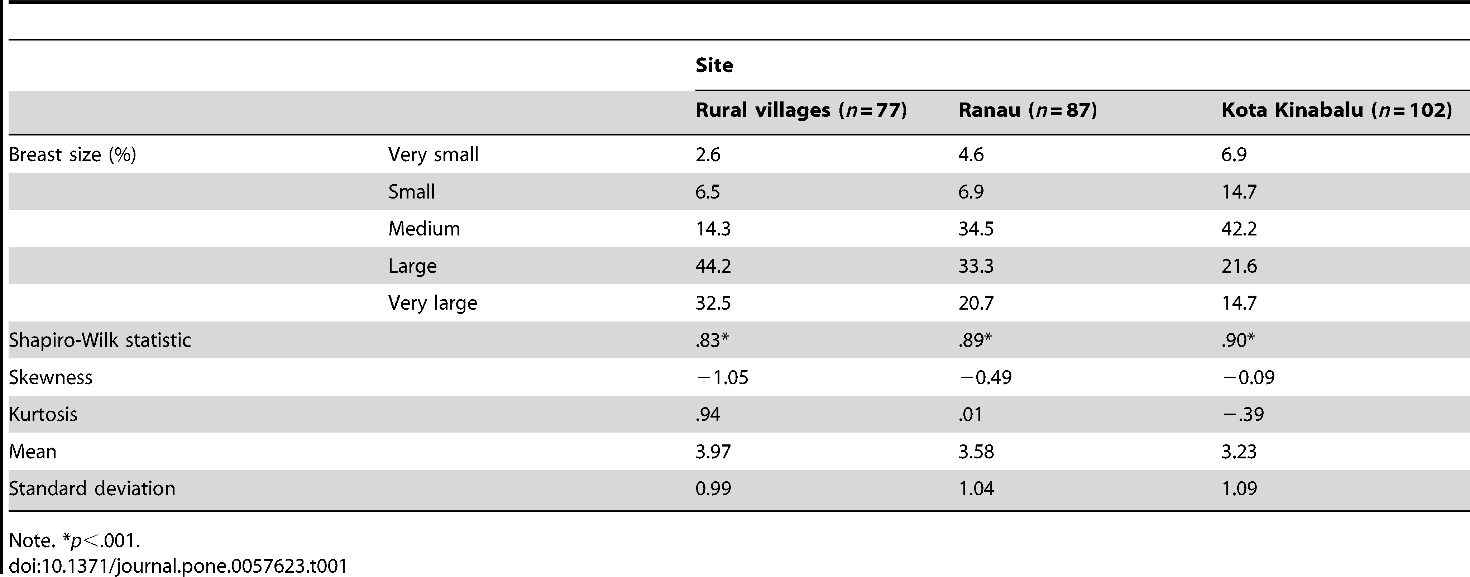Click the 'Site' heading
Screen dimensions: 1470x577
click(x=714, y=65)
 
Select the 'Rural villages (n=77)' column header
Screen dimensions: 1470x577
click(x=801, y=110)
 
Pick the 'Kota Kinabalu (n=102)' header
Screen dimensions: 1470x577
click(x=1336, y=110)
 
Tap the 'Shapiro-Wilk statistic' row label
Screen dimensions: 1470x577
click(x=100, y=340)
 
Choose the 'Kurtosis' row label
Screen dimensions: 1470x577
click(x=43, y=414)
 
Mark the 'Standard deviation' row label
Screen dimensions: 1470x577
click(x=92, y=488)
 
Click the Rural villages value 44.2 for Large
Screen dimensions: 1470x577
click(x=713, y=266)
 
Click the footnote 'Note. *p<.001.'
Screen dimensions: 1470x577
click(x=74, y=540)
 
